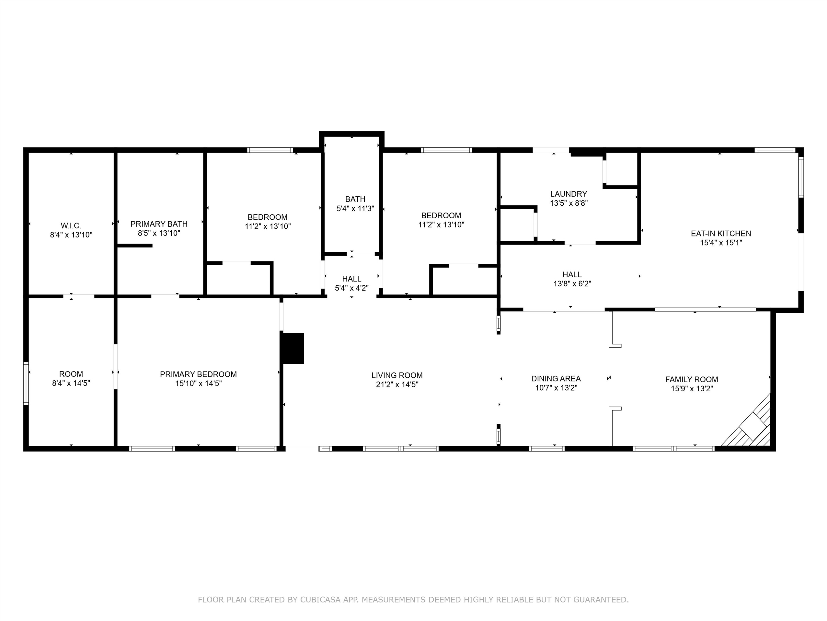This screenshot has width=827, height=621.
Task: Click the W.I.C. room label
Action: (71, 226)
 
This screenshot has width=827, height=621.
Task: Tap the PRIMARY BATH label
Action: (159, 224)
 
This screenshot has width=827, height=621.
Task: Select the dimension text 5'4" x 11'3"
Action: (355, 208)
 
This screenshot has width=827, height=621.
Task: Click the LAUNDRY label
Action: (569, 194)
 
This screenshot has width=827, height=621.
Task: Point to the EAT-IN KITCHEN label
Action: (721, 233)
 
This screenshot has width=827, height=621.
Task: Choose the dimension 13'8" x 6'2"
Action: (572, 284)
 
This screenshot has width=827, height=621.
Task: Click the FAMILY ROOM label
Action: (692, 380)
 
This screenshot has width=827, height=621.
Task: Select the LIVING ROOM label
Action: (397, 375)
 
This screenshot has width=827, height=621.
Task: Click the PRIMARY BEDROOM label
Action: (198, 374)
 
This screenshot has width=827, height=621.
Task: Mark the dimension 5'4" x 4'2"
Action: (352, 288)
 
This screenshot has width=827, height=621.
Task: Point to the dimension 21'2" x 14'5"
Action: (397, 384)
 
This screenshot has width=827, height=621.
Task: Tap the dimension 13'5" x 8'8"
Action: (569, 203)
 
